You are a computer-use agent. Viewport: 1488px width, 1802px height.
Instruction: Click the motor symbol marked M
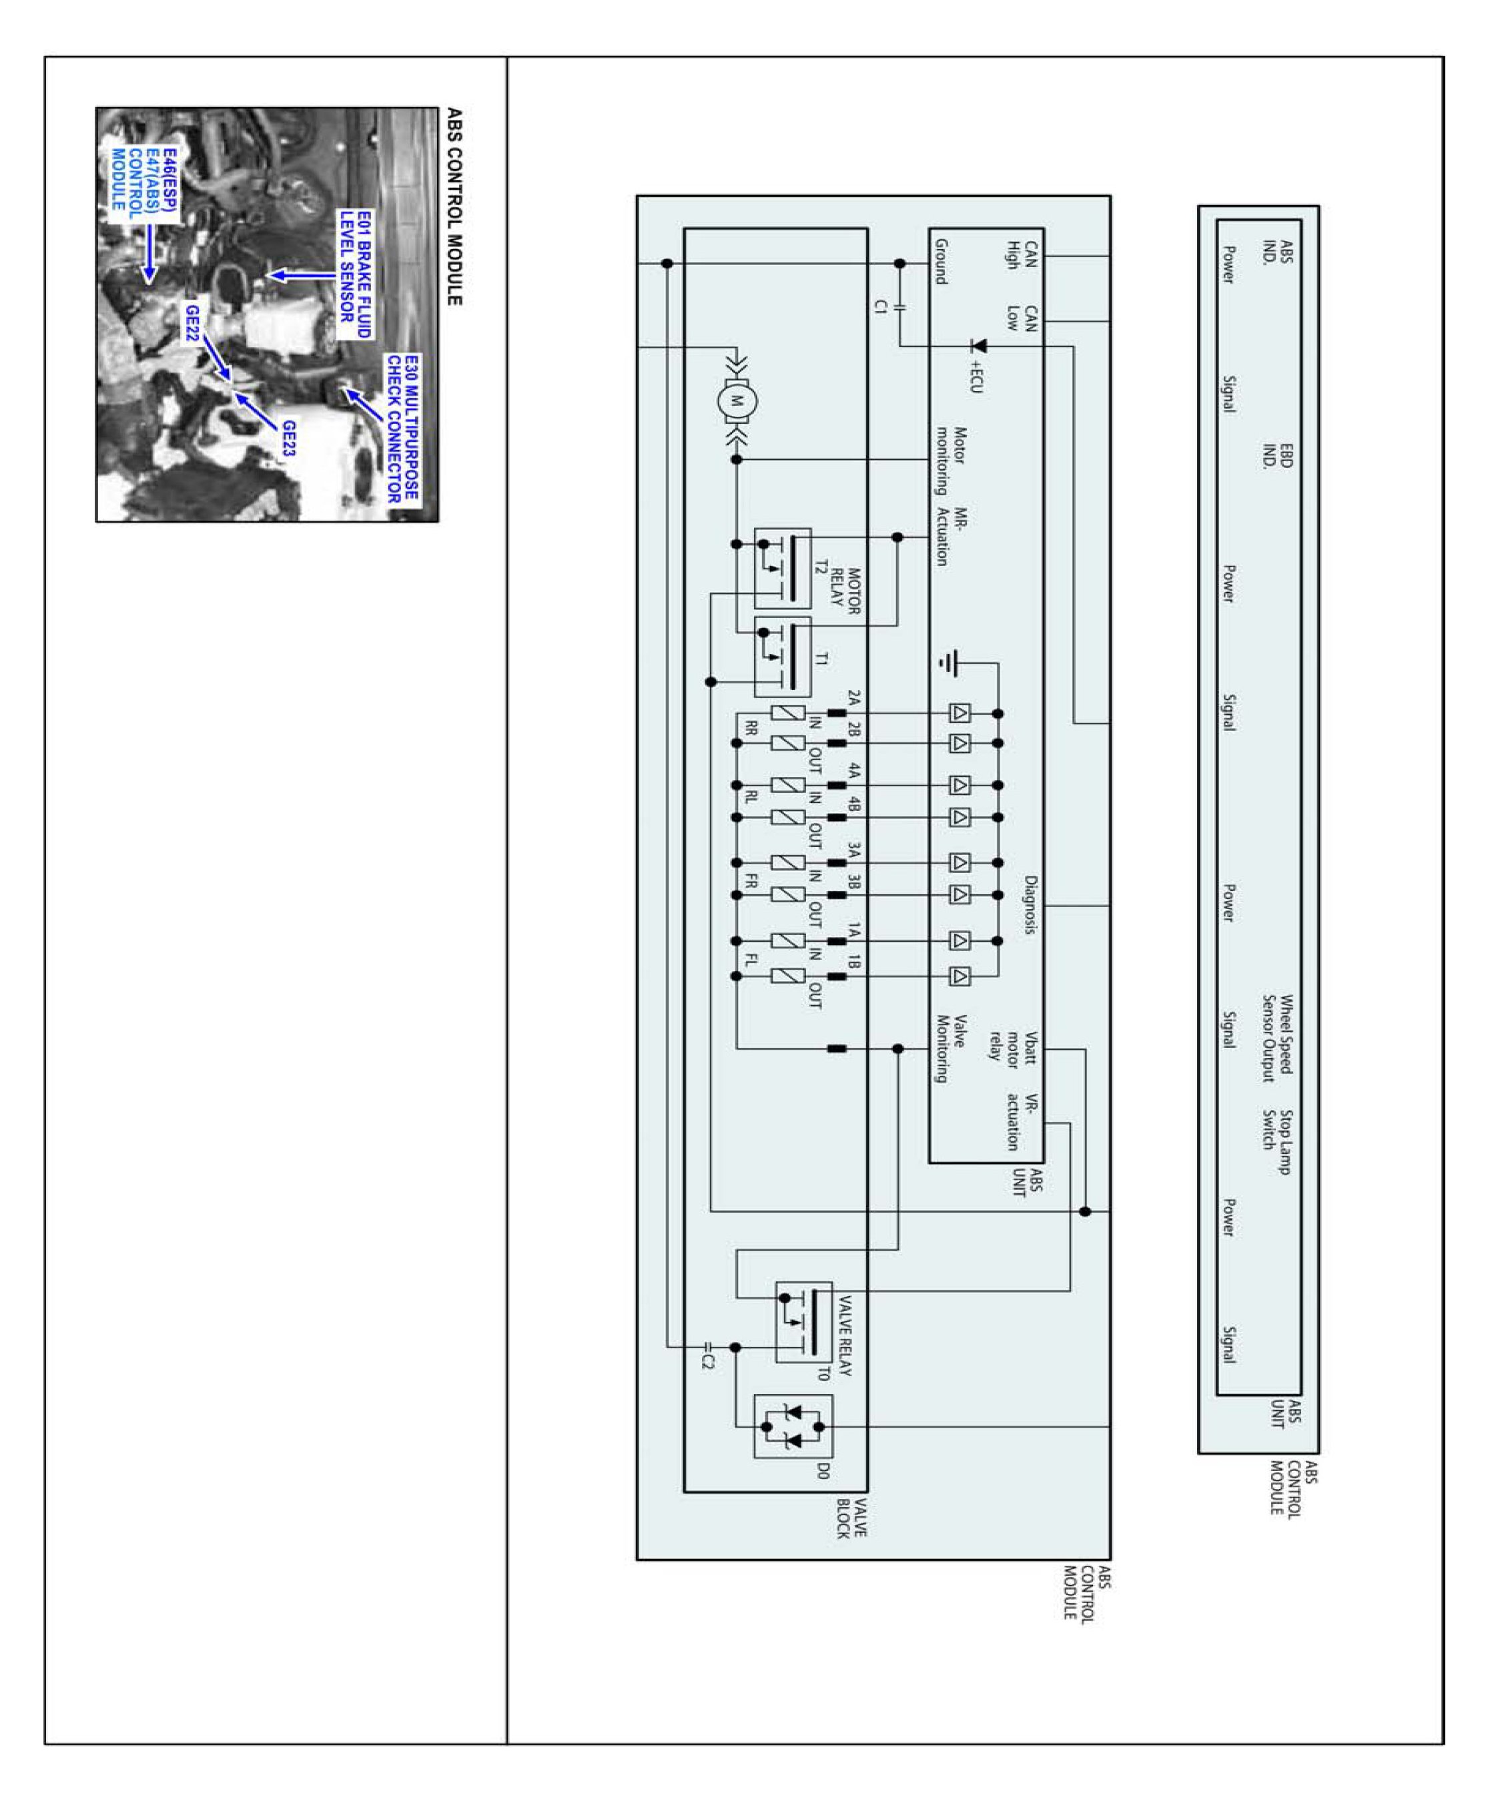tap(736, 400)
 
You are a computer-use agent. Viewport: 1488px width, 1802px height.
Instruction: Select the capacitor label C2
tap(707, 1360)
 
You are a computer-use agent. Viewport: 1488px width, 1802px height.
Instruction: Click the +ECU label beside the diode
tap(976, 376)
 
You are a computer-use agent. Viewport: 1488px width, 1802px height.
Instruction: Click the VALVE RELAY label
tap(843, 1335)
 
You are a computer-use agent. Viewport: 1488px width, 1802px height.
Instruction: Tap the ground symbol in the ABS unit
tap(950, 663)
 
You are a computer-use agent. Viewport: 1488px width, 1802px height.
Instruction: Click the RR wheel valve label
tap(751, 728)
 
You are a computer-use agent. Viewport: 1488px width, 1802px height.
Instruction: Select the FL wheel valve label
tap(751, 959)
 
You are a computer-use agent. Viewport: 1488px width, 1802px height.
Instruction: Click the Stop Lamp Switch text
tap(1276, 1141)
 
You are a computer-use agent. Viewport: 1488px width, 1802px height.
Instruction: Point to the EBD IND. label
tap(1276, 455)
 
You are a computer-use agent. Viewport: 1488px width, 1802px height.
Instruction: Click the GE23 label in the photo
tap(289, 437)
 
